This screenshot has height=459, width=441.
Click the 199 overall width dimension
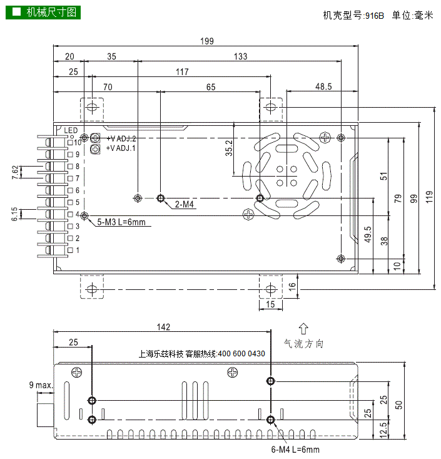[207, 41]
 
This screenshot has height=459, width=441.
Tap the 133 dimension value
[240, 56]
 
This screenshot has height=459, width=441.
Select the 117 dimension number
[181, 72]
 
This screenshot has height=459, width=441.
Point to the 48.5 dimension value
[323, 87]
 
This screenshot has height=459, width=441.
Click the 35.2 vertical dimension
[229, 148]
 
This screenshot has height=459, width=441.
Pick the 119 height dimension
[428, 197]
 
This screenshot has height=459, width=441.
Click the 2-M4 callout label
[184, 204]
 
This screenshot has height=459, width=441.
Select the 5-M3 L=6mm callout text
[121, 222]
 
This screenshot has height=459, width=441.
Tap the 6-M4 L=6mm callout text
[295, 450]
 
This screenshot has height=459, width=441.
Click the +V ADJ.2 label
[121, 138]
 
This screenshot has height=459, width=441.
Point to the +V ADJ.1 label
[121, 148]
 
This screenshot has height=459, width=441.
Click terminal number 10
[78, 143]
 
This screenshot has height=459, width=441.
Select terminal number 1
[78, 250]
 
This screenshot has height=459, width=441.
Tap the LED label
[71, 130]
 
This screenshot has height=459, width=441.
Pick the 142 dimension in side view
[163, 327]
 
